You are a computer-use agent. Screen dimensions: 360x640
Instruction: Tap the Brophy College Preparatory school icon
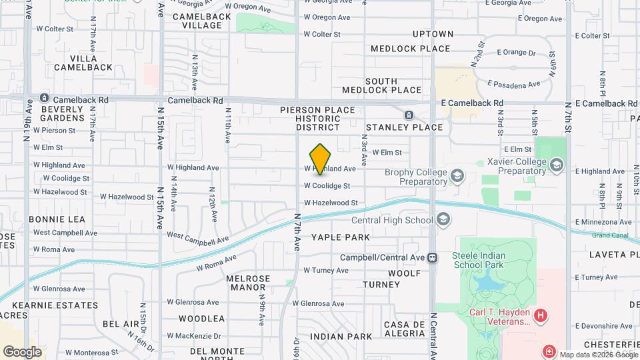pos(457,176)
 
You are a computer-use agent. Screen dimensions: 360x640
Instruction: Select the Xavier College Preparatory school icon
pos(555,165)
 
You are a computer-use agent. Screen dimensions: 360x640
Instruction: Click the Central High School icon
pos(443,220)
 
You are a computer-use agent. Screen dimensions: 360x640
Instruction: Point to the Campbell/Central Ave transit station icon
pos(433,257)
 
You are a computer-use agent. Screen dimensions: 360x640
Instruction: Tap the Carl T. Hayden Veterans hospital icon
pos(541,314)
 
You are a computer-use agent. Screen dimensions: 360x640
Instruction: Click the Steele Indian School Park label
pos(479,260)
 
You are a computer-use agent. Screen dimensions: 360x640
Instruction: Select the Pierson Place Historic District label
pos(319,118)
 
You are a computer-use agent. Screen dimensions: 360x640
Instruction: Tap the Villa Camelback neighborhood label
pos(83,62)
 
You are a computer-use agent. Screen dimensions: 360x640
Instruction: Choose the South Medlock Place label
pos(381,85)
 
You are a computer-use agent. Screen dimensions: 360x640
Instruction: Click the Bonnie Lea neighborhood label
pos(57,219)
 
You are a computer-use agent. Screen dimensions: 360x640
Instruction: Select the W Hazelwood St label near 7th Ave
pos(331,203)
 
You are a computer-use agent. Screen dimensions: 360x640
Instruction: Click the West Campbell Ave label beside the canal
pos(197,237)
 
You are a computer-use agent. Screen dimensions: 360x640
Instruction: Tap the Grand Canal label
pos(609,235)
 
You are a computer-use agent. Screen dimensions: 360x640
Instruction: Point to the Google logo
pos(22,351)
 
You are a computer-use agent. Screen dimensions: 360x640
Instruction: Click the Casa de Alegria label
pos(405,329)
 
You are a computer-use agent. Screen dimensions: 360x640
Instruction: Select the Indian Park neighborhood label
pos(341,337)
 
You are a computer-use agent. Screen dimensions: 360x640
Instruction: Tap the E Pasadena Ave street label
pos(513,85)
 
